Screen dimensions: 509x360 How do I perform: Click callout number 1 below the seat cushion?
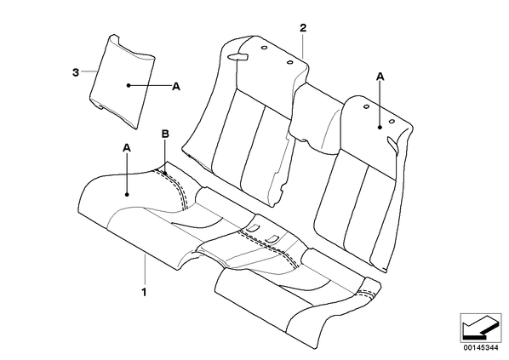point(144,292)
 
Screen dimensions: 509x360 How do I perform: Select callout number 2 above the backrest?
point(302,28)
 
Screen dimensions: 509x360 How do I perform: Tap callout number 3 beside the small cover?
point(76,72)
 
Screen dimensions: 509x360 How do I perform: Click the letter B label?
point(166,134)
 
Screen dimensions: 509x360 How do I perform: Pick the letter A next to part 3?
point(176,86)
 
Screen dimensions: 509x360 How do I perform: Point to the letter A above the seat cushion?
point(127,148)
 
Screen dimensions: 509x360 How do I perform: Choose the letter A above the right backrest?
point(380,77)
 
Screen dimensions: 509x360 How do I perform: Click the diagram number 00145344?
point(481,348)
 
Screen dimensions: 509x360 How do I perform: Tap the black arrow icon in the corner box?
point(480,328)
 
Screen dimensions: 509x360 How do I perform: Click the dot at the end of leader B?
point(165,174)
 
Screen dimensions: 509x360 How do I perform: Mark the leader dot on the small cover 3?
point(129,85)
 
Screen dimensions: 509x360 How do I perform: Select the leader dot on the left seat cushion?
point(127,195)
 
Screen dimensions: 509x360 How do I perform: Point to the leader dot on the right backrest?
point(380,128)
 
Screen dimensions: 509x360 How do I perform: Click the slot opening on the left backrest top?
point(238,57)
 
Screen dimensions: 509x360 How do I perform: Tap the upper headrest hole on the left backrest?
point(264,49)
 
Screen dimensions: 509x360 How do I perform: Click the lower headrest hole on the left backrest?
point(290,62)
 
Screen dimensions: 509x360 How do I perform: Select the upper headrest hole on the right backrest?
point(366,106)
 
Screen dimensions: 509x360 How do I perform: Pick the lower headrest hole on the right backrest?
point(392,122)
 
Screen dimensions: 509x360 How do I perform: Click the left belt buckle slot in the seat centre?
point(253,227)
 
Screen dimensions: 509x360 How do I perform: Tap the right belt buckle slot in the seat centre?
point(272,238)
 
